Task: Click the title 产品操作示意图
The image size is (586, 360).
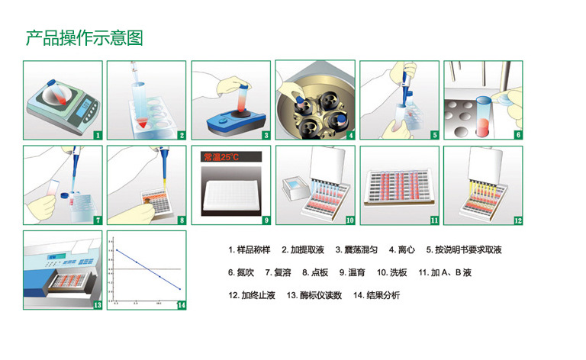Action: pyautogui.click(x=84, y=37)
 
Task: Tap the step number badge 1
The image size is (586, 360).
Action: pyautogui.click(x=97, y=135)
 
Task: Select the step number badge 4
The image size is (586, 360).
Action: pyautogui.click(x=350, y=135)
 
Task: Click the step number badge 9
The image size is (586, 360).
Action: pyautogui.click(x=266, y=220)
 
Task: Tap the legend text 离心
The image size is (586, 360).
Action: pyautogui.click(x=407, y=249)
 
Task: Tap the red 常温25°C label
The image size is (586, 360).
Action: pyautogui.click(x=221, y=157)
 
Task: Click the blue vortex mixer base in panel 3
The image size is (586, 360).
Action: pyautogui.click(x=237, y=122)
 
